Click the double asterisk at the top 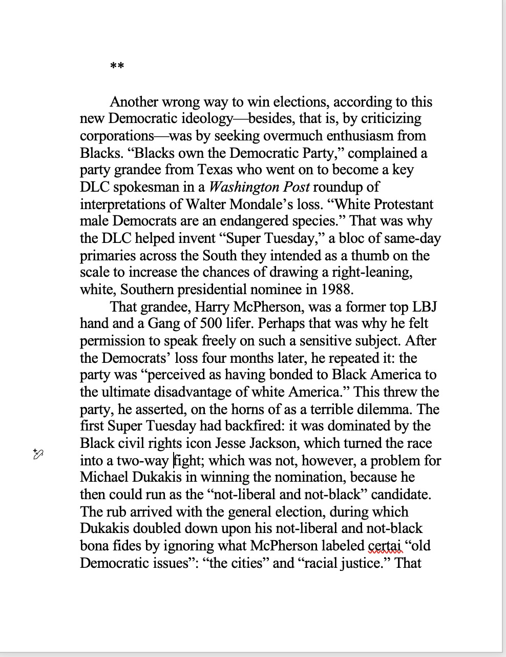click(117, 66)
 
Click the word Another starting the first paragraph click(135, 101)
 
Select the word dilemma click(387, 409)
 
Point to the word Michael click(104, 477)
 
